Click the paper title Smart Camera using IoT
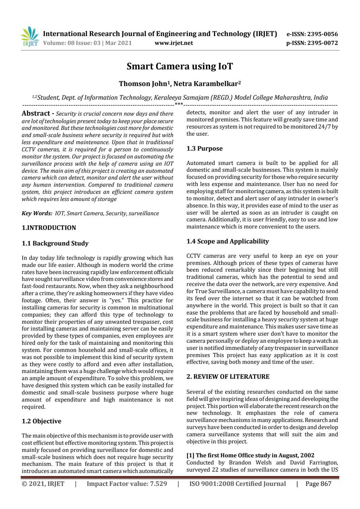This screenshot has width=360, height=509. point(180,66)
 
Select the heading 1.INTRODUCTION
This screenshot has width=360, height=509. point(49,228)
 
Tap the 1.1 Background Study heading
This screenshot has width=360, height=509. point(55,243)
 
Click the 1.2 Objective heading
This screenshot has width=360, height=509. point(42,421)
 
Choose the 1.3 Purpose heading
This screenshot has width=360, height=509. point(204,149)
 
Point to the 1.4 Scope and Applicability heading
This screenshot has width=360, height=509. point(227,241)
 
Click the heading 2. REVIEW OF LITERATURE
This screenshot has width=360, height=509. point(228,377)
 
